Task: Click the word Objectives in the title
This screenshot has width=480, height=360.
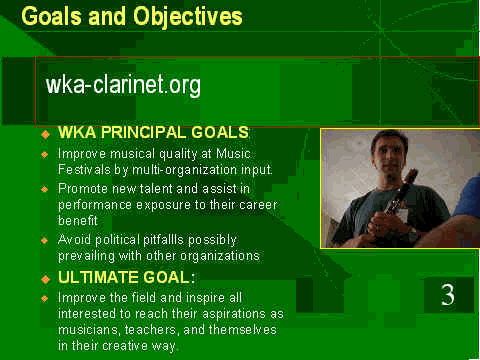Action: [x=188, y=17]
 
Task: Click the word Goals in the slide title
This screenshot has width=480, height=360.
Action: [x=51, y=16]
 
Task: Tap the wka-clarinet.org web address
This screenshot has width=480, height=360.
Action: [x=123, y=85]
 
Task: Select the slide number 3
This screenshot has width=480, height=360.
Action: [x=448, y=295]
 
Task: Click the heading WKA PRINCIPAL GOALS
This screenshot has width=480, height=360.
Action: [x=153, y=132]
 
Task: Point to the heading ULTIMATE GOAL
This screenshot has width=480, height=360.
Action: [x=126, y=277]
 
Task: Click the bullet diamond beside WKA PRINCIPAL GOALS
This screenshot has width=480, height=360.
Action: [x=45, y=134]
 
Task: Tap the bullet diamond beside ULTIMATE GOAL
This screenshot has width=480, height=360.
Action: [x=45, y=279]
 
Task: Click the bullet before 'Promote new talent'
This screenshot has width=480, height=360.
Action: [x=45, y=189]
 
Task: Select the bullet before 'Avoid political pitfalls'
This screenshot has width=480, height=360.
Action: [x=45, y=240]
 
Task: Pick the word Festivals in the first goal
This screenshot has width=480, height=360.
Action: [x=84, y=169]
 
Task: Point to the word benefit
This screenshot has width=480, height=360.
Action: [x=78, y=220]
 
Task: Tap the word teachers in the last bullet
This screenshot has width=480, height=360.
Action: [x=152, y=330]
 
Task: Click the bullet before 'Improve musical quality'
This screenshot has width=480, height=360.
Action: [x=45, y=154]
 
